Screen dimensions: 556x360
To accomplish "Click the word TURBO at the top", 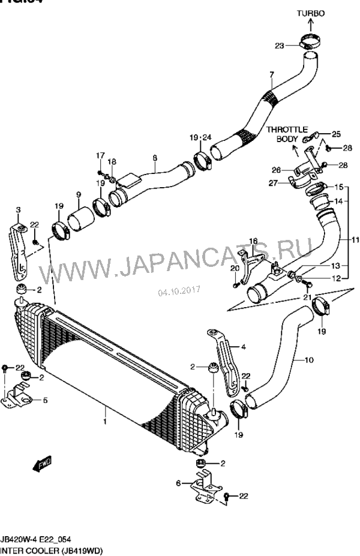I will [310, 13].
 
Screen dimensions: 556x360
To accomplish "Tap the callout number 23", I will [280, 45].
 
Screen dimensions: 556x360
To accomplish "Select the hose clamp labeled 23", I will [310, 44].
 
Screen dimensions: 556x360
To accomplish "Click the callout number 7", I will [271, 75].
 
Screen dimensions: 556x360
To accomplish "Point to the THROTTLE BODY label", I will [287, 134].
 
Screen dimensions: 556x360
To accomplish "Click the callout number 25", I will [335, 134].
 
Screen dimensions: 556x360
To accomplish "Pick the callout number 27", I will [272, 183].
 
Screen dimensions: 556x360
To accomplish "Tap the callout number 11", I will [355, 240].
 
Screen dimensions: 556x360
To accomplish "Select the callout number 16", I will [253, 241].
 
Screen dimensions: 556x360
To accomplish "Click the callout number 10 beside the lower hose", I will [309, 360].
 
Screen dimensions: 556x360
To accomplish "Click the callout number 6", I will [178, 483].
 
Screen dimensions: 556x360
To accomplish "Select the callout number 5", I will [45, 400].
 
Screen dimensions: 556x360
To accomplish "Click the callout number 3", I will [18, 209].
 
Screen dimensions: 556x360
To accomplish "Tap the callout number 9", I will [78, 194].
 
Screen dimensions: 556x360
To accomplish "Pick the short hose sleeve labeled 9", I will [78, 219].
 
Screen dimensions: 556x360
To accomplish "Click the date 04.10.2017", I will [179, 291].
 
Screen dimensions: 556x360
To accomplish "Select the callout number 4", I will [244, 346].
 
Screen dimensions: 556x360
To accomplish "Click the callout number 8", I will [155, 158].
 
